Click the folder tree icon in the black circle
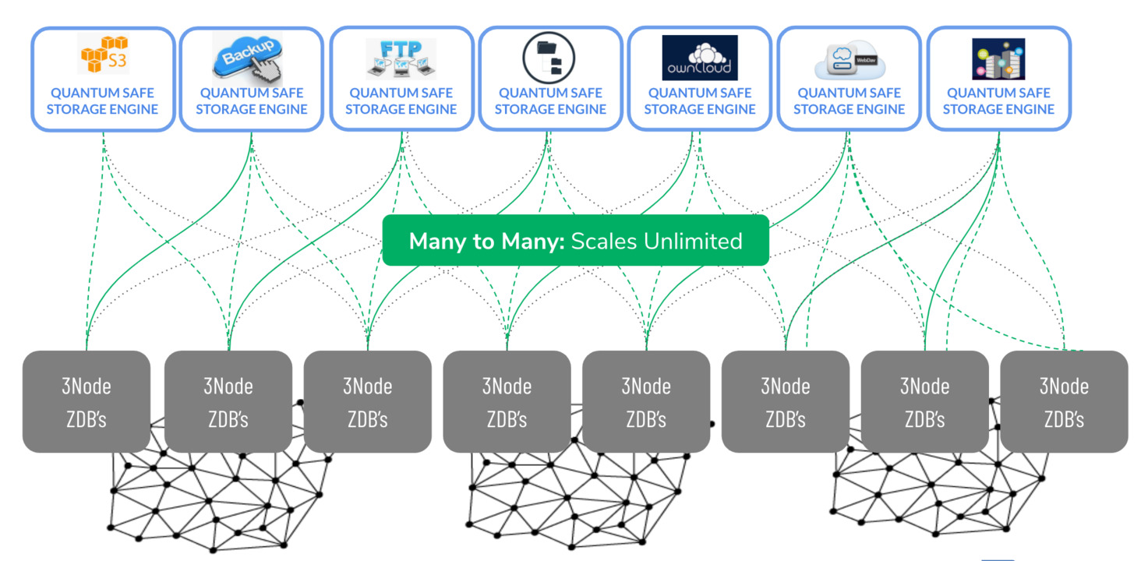click(549, 57)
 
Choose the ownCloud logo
click(699, 57)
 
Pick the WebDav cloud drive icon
click(849, 59)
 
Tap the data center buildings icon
click(998, 59)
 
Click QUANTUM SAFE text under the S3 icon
click(102, 93)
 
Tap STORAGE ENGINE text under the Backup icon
click(252, 110)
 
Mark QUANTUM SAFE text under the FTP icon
click(401, 93)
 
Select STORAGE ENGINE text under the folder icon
click(550, 110)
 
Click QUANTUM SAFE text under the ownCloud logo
click(700, 93)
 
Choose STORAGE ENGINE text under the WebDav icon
click(850, 110)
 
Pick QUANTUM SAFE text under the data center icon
click(998, 93)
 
